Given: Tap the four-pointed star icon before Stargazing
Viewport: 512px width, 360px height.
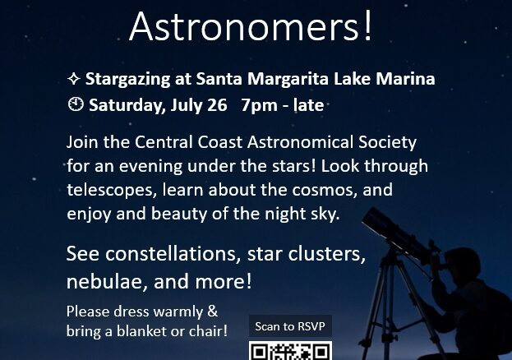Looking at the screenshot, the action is pyautogui.click(x=74, y=79).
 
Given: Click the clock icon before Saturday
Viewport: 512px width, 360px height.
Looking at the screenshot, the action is pyautogui.click(x=76, y=104).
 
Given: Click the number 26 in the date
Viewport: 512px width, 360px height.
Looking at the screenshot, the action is pyautogui.click(x=217, y=105).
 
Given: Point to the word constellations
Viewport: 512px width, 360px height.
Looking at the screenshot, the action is pyautogui.click(x=173, y=254).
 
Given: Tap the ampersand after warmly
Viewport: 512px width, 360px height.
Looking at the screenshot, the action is pyautogui.click(x=213, y=311).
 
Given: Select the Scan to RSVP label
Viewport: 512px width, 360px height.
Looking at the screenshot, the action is pyautogui.click(x=290, y=326).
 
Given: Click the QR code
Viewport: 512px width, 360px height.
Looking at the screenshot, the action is pyautogui.click(x=290, y=351).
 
